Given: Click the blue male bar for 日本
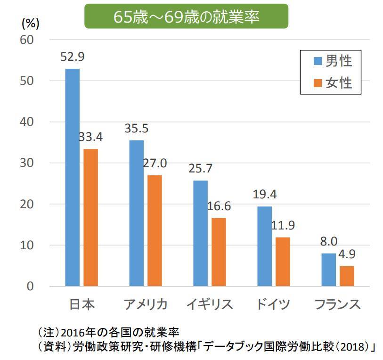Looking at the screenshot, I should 73,177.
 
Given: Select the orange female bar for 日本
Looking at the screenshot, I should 90,217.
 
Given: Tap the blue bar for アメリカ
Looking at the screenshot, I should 136,213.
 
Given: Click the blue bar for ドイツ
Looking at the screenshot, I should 265,246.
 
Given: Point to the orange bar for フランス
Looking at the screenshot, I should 347,276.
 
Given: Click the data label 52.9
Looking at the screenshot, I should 72,57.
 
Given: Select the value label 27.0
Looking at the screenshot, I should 155,164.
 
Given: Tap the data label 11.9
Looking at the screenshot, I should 283,226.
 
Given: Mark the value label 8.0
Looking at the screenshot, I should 329,242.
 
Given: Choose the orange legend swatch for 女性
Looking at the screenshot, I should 316,83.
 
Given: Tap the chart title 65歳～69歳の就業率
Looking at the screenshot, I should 187,16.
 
